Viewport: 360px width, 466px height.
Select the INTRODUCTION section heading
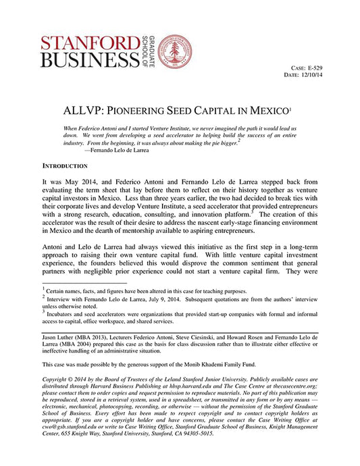[x=65, y=165]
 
